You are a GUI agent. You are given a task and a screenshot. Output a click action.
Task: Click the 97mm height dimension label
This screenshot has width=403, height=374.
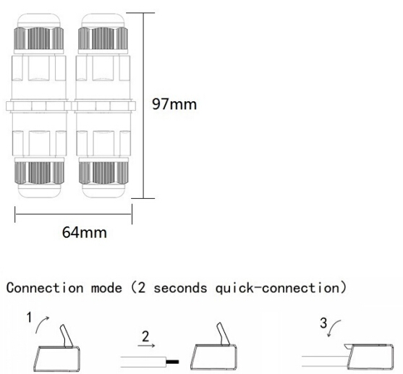pos(174,104)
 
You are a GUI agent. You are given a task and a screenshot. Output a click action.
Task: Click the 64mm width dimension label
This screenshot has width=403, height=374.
pos(85,232)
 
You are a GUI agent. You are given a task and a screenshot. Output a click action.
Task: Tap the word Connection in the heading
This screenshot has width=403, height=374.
pos(45,288)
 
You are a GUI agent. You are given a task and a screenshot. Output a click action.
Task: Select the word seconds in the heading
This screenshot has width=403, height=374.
pos(180,288)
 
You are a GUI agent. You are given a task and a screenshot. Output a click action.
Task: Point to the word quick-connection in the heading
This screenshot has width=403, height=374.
pos(278,289)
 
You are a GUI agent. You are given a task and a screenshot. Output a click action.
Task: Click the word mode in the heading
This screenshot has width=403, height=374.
pos(106,288)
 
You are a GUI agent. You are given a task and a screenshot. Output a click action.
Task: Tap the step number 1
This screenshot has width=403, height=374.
pos(30,317)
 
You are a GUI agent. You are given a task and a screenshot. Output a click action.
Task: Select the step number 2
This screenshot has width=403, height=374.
pos(145,336)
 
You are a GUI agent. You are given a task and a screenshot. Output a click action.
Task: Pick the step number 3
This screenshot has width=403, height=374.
pos(323,323)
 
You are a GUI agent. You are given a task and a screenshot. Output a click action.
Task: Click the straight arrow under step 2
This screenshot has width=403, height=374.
pos(146,346)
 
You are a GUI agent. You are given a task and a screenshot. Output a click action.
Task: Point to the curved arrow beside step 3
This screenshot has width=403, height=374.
pos(334,327)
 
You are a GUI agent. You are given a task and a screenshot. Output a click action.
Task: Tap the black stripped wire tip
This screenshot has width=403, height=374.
pos(172,362)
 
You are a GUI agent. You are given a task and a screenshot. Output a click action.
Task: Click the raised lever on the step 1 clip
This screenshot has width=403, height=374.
pos(67,336)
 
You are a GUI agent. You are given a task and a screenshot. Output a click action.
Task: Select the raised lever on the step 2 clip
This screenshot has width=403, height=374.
pos(224,333)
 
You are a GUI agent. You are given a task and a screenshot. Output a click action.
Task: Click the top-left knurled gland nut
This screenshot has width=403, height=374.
pos(39,38)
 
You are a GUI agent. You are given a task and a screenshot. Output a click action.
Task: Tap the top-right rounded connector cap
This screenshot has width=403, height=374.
pos(103,20)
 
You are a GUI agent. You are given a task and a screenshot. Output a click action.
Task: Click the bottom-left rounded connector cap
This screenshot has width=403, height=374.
pos(39,190)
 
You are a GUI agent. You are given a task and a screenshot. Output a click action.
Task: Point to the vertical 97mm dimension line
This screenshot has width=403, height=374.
pos(143,106)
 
